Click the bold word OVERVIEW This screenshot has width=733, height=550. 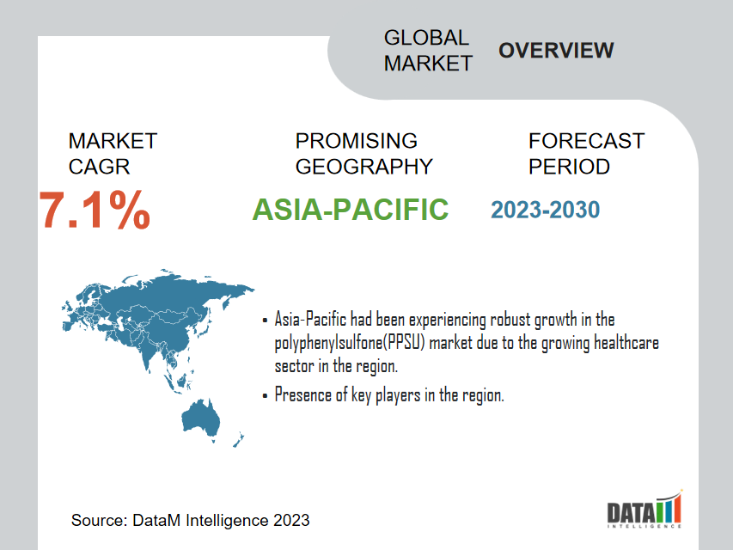pyautogui.click(x=556, y=51)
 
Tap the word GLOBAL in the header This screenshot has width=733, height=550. pyautogui.click(x=426, y=38)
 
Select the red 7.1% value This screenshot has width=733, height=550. pyautogui.click(x=95, y=210)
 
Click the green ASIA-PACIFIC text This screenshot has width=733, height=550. pyautogui.click(x=350, y=209)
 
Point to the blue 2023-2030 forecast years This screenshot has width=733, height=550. pyautogui.click(x=545, y=210)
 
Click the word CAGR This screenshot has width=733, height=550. pyautogui.click(x=99, y=167)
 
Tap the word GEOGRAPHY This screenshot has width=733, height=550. pyautogui.click(x=364, y=167)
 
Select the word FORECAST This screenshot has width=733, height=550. pyautogui.click(x=587, y=141)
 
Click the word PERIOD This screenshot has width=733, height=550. pyautogui.click(x=570, y=167)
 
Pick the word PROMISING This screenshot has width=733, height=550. pyautogui.click(x=357, y=141)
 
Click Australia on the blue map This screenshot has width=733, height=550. pyautogui.click(x=200, y=417)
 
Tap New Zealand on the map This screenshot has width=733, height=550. pyautogui.click(x=238, y=440)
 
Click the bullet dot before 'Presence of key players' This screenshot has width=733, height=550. pyautogui.click(x=265, y=396)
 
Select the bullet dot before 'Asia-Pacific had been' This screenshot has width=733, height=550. pyautogui.click(x=265, y=321)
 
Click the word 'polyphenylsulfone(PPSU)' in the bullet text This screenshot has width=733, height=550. pyautogui.click(x=350, y=343)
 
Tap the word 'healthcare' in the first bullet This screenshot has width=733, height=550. pyautogui.click(x=626, y=342)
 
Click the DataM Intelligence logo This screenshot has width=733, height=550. pyautogui.click(x=644, y=510)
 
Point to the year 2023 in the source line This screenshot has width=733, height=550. pyautogui.click(x=291, y=520)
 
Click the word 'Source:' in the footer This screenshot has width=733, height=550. pyautogui.click(x=99, y=520)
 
